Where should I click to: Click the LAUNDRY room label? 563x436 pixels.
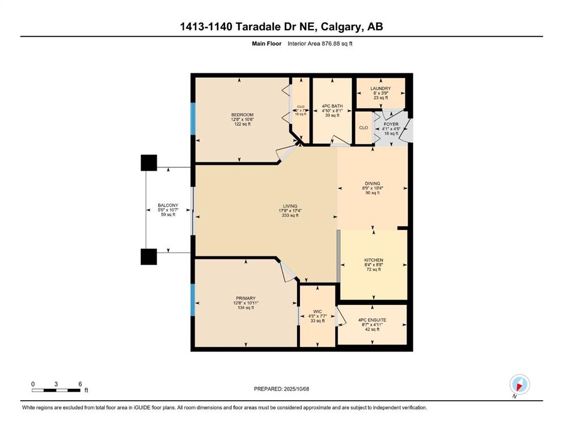[380, 89]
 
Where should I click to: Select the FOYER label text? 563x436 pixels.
[391, 124]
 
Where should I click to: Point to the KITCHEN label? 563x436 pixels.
[373, 260]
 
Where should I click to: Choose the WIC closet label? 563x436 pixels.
[318, 312]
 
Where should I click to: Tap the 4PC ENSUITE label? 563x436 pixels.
[372, 320]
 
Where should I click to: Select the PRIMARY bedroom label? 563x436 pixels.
[245, 298]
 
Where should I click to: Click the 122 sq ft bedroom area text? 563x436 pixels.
[242, 124]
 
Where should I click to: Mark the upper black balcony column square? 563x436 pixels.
[149, 163]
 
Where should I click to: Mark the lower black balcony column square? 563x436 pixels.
[149, 257]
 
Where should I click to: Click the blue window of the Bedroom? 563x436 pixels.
[193, 118]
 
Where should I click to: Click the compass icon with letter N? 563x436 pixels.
[519, 384]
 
